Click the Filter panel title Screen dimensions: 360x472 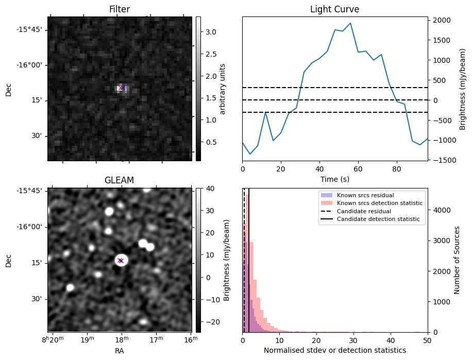pyautogui.click(x=119, y=9)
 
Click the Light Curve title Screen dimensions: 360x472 pyautogui.click(x=334, y=9)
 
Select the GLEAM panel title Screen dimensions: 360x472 pyautogui.click(x=119, y=180)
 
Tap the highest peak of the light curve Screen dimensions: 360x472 pyautogui.click(x=350, y=23)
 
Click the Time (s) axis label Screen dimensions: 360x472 pyautogui.click(x=334, y=178)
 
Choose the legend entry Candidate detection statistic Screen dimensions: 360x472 pyautogui.click(x=378, y=219)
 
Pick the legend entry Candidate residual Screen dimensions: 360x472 pyautogui.click(x=364, y=212)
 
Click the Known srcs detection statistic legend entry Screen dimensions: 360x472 pyautogui.click(x=380, y=203)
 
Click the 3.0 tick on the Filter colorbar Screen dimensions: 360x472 pyautogui.click(x=211, y=32)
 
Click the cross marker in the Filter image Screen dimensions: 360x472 pyautogui.click(x=122, y=88)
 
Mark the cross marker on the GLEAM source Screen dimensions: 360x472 pyautogui.click(x=121, y=261)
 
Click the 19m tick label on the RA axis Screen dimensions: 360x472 pyautogui.click(x=87, y=339)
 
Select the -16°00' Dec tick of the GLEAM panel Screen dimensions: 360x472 pyautogui.click(x=30, y=227)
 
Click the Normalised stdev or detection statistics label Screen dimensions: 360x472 pyautogui.click(x=334, y=350)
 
